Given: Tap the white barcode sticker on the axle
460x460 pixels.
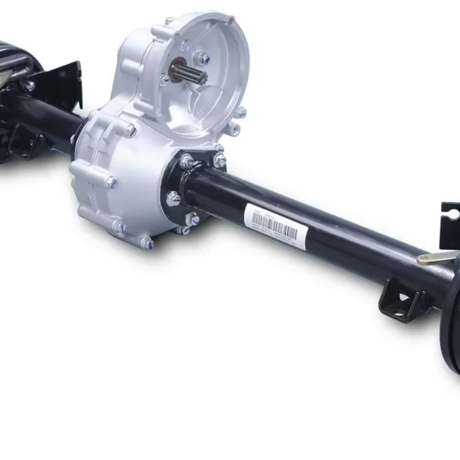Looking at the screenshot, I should coord(274,225).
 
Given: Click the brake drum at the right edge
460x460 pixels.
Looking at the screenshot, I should coord(450,322).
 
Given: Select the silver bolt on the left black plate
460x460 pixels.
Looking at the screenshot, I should coord(29,86).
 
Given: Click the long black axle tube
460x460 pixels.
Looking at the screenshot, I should coord(308,219).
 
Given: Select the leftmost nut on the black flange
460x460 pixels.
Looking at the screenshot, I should coord(173,199).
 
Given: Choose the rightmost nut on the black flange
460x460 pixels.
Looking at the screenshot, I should coord(219,160).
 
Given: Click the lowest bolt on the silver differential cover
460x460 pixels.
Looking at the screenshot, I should coord(145,242).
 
